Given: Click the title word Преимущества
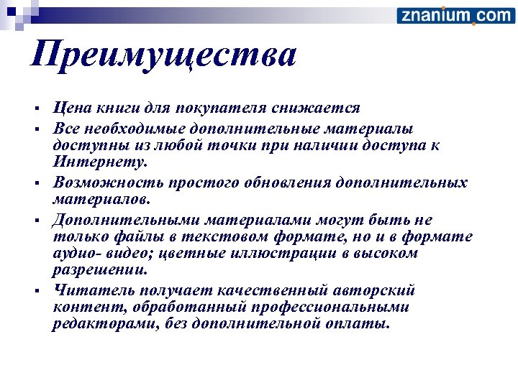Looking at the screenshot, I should pos(163,55).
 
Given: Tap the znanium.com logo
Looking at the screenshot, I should pos(455,15).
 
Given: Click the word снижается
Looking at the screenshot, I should pos(316,109).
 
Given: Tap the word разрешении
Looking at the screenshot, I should pos(100,272).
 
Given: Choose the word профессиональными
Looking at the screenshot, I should pos(319,308).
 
